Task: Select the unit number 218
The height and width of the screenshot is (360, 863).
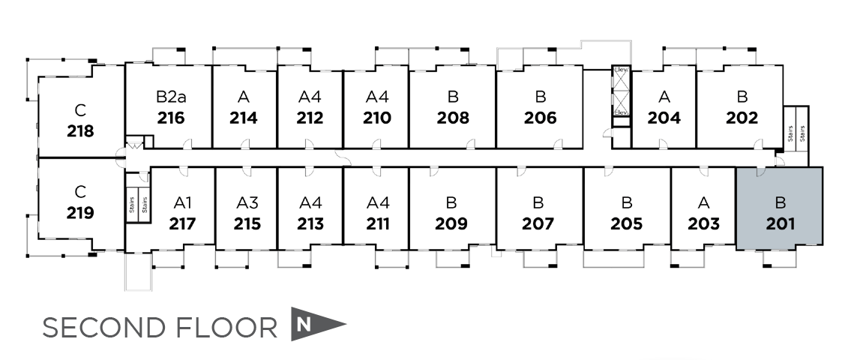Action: click(x=80, y=131)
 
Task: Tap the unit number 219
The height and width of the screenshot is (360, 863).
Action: click(x=80, y=213)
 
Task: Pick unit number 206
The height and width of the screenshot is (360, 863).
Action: click(x=540, y=118)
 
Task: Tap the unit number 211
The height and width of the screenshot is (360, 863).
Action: click(x=378, y=223)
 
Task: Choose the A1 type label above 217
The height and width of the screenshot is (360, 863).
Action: click(x=183, y=202)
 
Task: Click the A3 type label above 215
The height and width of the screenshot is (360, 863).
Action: click(x=247, y=202)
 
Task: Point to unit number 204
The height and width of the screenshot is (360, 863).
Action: click(x=664, y=118)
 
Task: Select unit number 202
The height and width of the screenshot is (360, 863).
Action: click(x=742, y=118)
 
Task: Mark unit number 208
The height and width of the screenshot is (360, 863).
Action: click(x=452, y=118)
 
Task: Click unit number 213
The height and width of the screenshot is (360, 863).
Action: click(x=310, y=223)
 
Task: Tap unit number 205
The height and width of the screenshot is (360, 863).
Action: click(x=626, y=223)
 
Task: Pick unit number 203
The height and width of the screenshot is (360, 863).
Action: click(x=703, y=223)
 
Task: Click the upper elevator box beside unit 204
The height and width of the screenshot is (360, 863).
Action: click(x=621, y=78)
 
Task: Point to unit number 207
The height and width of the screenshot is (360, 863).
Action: click(x=538, y=223)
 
